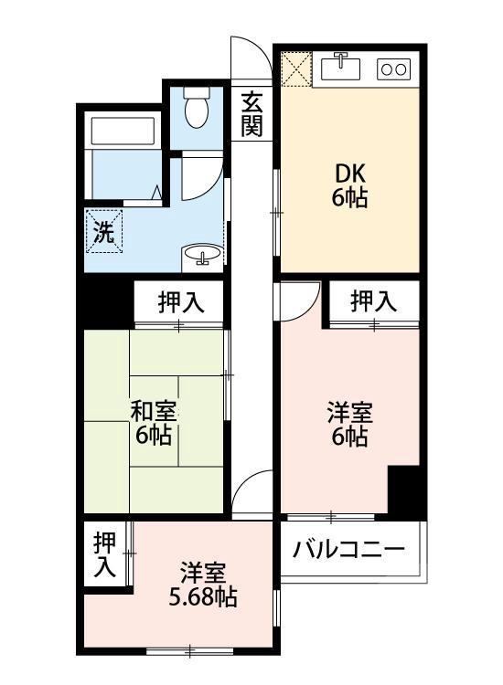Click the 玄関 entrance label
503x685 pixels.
click(251, 114)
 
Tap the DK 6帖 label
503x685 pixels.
click(350, 185)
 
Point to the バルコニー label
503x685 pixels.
click(348, 551)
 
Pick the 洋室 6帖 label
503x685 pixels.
click(349, 425)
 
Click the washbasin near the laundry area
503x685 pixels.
click(201, 255)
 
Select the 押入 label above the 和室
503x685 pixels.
click(178, 303)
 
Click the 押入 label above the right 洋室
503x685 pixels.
click(374, 300)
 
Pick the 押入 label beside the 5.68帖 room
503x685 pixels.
click(105, 554)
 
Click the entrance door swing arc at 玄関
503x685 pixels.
click(250, 58)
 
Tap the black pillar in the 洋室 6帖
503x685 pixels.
click(403, 489)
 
